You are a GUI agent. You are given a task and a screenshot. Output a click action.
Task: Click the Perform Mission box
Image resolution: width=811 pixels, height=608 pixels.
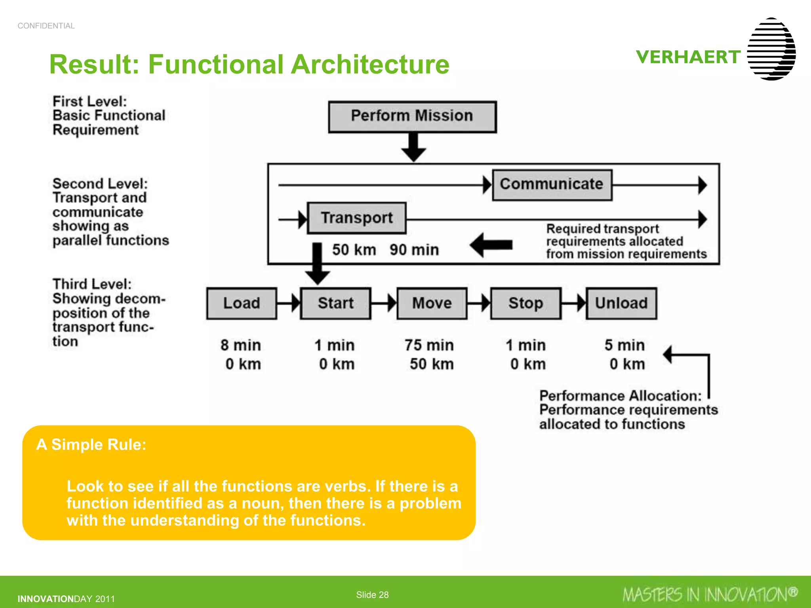click(412, 117)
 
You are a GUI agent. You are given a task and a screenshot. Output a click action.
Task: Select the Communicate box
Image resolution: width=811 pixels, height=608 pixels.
click(552, 185)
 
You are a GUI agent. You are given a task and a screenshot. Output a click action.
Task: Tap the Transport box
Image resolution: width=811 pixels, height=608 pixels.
click(357, 218)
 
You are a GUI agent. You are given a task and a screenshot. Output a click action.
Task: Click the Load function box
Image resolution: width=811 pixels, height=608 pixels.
click(242, 303)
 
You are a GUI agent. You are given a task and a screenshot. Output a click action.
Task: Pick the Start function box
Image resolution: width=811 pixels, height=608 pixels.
click(335, 303)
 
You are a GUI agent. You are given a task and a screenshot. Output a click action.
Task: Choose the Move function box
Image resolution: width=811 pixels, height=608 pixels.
click(432, 303)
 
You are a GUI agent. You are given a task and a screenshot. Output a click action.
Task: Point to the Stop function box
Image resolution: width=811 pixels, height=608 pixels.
click(526, 303)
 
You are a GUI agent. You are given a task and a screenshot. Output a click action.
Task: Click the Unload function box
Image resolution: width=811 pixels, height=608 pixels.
click(621, 303)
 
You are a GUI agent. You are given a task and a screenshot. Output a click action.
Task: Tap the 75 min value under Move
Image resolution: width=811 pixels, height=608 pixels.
click(429, 345)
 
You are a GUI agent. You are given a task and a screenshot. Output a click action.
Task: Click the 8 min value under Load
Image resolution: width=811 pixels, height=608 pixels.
click(241, 345)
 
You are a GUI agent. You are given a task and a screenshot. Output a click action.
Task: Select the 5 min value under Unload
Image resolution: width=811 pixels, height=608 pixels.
click(624, 345)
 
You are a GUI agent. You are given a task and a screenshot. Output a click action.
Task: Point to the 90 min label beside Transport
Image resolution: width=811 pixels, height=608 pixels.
click(414, 250)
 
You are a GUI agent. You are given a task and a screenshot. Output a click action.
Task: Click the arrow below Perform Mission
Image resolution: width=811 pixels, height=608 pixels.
click(413, 147)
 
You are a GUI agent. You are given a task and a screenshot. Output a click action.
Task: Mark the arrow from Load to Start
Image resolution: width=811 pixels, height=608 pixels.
click(288, 303)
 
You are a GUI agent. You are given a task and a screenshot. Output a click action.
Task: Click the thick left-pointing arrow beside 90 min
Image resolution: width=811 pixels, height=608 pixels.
click(491, 245)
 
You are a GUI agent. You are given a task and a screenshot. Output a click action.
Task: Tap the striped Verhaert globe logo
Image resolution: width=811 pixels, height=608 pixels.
click(771, 49)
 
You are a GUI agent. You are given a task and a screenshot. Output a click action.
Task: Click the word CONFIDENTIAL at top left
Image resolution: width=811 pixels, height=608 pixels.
click(46, 26)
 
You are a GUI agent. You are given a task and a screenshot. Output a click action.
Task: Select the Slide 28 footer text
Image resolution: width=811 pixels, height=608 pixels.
click(372, 595)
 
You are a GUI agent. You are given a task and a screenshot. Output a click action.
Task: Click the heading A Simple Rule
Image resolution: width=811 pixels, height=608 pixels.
click(91, 445)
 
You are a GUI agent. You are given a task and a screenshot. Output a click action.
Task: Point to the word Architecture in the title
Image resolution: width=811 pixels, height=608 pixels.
click(370, 64)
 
